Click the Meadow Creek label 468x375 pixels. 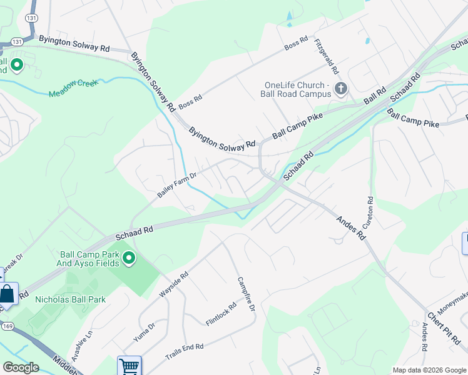click(x=74, y=88)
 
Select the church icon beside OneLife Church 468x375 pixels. click(x=341, y=88)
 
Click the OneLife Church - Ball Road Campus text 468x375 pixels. click(x=297, y=90)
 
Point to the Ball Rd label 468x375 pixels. click(x=375, y=96)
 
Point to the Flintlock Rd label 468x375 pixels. click(x=221, y=314)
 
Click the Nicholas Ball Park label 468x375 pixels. click(x=70, y=299)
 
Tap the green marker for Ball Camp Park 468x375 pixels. click(x=129, y=257)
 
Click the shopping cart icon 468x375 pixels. click(x=129, y=366)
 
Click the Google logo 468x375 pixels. click(x=21, y=367)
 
